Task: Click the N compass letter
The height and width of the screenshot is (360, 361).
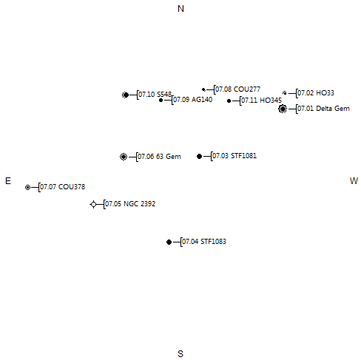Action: coord(180,9)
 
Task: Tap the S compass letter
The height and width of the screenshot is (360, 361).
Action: coord(180,354)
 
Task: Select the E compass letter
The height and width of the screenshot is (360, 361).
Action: coord(8,181)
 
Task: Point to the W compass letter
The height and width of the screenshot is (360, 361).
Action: coord(354,181)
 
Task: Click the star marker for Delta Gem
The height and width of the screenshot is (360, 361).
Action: coord(283,109)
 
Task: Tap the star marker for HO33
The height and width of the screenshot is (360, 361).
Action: coord(285,93)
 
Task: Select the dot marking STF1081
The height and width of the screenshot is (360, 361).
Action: coord(200,156)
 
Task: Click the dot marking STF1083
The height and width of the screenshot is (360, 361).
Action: coord(169,242)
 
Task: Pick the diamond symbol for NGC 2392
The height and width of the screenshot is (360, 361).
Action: coord(93,204)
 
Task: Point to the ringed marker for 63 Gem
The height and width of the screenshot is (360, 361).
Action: coord(124,157)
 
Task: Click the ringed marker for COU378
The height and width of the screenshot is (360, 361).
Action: coord(27,188)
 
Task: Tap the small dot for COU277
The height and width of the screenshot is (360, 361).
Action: coord(203,89)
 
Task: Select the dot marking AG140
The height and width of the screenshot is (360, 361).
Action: coord(161,100)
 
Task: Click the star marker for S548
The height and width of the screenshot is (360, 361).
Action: coord(126,95)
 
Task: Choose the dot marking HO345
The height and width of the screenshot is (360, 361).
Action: coord(229,101)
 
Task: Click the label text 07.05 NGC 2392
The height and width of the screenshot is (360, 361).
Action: coord(130,204)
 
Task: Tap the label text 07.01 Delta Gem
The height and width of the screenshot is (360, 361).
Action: coord(323,109)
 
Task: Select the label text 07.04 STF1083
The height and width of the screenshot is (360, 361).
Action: coord(204,242)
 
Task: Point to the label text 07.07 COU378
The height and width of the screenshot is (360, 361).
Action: coord(63,187)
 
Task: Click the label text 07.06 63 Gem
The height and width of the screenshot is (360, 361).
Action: coord(159,157)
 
